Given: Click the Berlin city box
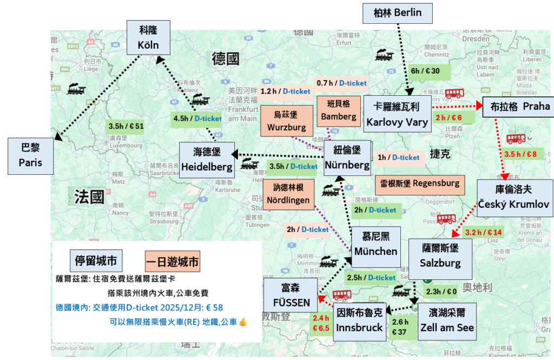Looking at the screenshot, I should [x=398, y=13].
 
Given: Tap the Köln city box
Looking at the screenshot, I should [x=148, y=38].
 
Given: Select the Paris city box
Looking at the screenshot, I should [x=30, y=155].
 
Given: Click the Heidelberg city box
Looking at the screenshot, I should [x=207, y=160].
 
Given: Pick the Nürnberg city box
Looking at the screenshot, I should [x=347, y=158].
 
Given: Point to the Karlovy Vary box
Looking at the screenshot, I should [x=397, y=115].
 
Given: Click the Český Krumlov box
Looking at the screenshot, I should [x=514, y=198].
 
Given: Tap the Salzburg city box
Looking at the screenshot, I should [x=440, y=256].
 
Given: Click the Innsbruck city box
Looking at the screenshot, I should [x=359, y=321].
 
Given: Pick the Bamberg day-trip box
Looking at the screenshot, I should [x=339, y=110].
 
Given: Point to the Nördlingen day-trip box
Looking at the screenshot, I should [x=288, y=193].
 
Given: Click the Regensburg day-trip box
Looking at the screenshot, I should [x=419, y=183].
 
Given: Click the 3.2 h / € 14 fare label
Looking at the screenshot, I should [x=483, y=232].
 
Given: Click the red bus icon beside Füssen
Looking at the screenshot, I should [x=341, y=295].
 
